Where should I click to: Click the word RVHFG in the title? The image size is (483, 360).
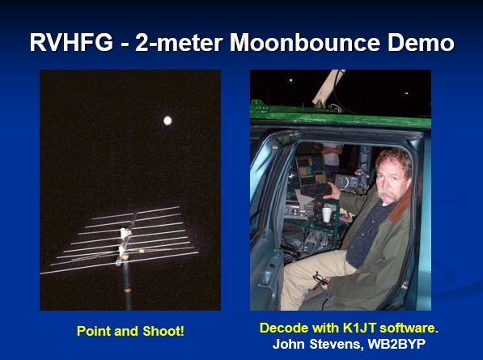coord(71,43)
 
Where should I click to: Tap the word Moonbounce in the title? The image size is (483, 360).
coord(305,43)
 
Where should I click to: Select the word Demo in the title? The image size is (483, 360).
coord(421,43)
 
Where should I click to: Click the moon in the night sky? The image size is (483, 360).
coord(167,121)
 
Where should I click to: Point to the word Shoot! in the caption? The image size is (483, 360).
coord(163,332)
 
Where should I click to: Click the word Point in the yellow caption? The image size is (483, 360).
coord(94,332)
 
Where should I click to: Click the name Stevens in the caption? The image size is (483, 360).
coord(336,344)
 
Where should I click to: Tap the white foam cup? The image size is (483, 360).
coord(327,214)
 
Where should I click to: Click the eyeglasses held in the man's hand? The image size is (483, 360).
coord(320,279)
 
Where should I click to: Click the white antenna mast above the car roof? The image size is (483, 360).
coord(327,87)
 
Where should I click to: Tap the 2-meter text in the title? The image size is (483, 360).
coord(179,43)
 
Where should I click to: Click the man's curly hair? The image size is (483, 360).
coord(395,160)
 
